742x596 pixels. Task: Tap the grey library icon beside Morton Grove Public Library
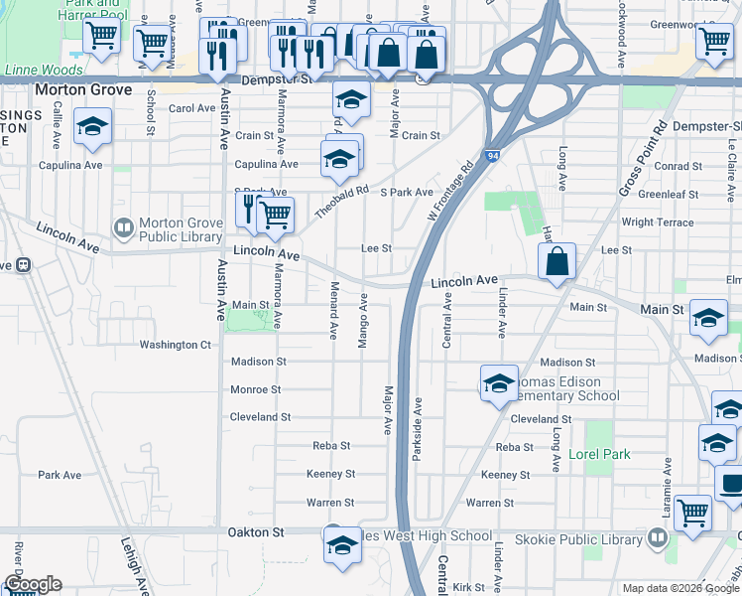124,229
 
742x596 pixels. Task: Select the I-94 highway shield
492,156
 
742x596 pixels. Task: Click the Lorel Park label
600,454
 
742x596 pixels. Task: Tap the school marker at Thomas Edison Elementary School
499,383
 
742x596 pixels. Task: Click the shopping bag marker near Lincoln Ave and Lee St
558,263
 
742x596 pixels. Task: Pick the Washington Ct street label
176,345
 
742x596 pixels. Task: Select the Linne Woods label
33,71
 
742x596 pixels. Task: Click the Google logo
33,584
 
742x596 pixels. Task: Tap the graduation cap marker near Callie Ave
92,127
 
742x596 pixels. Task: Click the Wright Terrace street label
658,223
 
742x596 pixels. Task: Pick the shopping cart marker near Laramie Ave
692,513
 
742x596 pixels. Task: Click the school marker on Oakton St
343,546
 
